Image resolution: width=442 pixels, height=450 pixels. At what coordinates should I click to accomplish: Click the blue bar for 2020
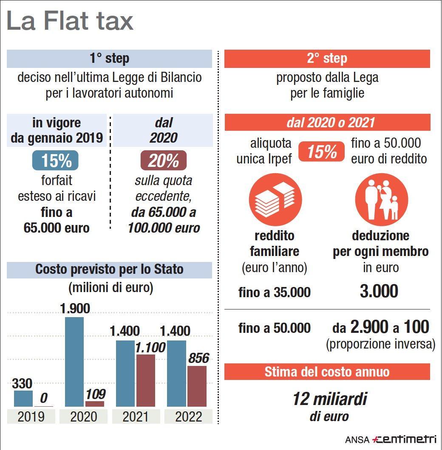click(74, 362)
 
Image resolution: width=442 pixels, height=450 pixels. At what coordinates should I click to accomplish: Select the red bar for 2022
click(197, 386)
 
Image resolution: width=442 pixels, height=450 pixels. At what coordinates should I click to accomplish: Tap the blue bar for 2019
click(23, 399)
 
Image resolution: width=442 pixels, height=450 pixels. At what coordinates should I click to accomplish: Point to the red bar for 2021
click(146, 380)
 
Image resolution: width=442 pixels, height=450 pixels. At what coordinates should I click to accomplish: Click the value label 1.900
click(75, 309)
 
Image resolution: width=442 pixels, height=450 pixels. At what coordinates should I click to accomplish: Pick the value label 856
click(198, 358)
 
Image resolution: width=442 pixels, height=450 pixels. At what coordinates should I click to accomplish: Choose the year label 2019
click(31, 416)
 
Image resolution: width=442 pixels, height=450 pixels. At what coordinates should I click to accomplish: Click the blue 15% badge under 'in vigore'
click(56, 161)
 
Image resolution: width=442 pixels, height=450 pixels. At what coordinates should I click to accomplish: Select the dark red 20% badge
click(164, 161)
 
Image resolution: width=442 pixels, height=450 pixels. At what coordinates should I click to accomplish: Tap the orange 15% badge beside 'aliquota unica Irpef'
click(322, 152)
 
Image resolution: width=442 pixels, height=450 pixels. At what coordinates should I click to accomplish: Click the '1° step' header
click(109, 59)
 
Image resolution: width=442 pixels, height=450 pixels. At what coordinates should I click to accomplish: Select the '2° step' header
click(327, 59)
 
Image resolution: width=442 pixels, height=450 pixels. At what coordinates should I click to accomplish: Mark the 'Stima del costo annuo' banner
click(327, 371)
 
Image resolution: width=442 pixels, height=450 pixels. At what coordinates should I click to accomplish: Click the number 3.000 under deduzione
click(379, 292)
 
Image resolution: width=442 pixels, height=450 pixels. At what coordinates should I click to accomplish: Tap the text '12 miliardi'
click(329, 399)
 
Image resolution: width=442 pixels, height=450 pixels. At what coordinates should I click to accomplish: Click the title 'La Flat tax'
click(70, 21)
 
